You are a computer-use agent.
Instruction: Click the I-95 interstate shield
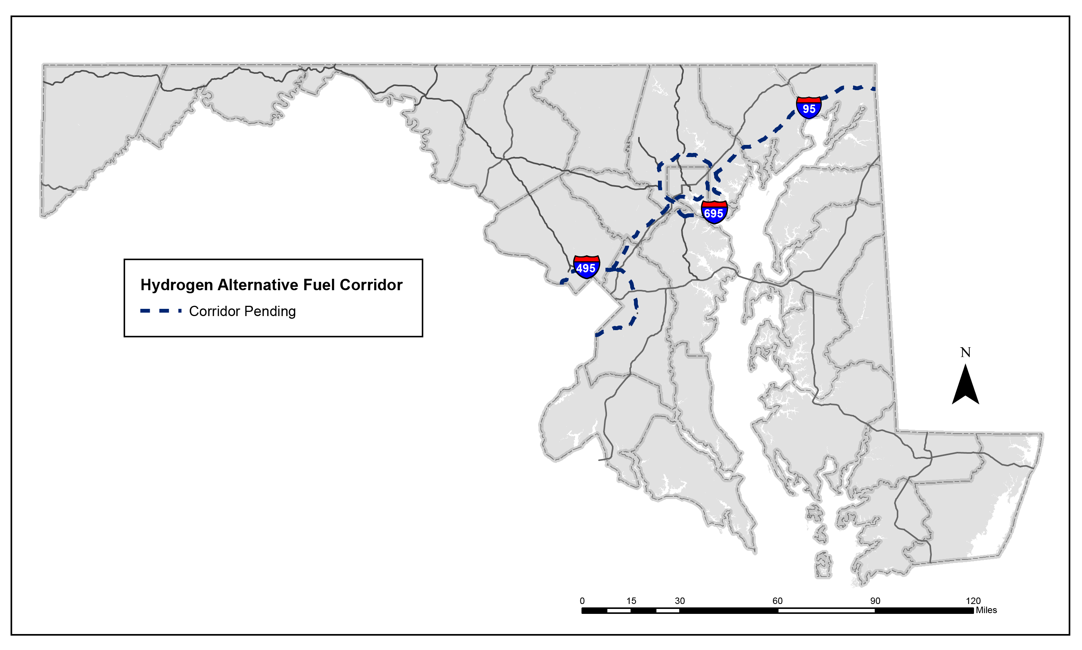click(x=808, y=108)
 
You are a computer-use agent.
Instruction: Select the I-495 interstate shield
click(x=586, y=267)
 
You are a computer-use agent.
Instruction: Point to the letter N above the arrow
click(x=965, y=352)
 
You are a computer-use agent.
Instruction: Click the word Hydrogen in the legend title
click(x=176, y=285)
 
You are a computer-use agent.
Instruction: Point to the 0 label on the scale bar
click(x=582, y=601)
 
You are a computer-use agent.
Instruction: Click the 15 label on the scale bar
click(x=631, y=601)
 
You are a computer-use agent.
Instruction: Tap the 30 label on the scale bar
click(x=680, y=601)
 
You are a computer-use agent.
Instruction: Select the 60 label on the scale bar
click(x=777, y=601)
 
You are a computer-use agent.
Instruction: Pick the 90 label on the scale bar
click(x=875, y=601)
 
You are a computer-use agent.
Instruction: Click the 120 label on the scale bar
click(x=973, y=601)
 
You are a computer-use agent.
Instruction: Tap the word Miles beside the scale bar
click(x=986, y=610)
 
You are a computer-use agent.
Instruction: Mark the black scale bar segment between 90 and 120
click(x=924, y=610)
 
